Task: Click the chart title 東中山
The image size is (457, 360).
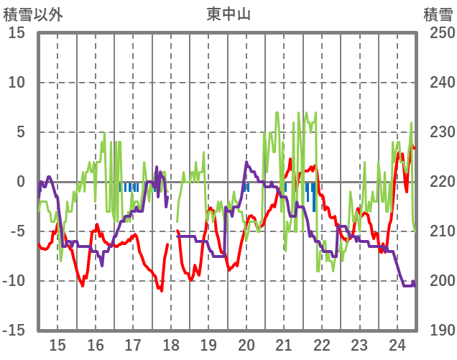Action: pos(229,14)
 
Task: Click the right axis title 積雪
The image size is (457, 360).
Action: pos(438,14)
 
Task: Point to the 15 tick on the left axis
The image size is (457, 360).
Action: pos(17,33)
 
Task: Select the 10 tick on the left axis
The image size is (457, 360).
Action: pos(17,83)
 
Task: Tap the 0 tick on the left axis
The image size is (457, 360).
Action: pos(21,182)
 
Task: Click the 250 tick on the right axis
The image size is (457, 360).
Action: pos(438,33)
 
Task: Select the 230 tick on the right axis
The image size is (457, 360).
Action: pos(438,132)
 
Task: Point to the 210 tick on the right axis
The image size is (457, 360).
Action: pos(438,231)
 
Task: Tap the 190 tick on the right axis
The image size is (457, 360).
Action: pos(438,330)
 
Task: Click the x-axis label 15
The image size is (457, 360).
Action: pos(57,344)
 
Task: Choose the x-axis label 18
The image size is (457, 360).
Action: pos(170,344)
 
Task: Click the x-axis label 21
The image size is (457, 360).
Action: pos(284,344)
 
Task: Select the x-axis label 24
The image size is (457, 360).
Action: pos(397,344)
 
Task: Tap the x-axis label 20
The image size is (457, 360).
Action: pos(246,344)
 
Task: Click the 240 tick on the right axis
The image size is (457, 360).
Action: pos(438,83)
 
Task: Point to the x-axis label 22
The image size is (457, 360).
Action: pos(321,344)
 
